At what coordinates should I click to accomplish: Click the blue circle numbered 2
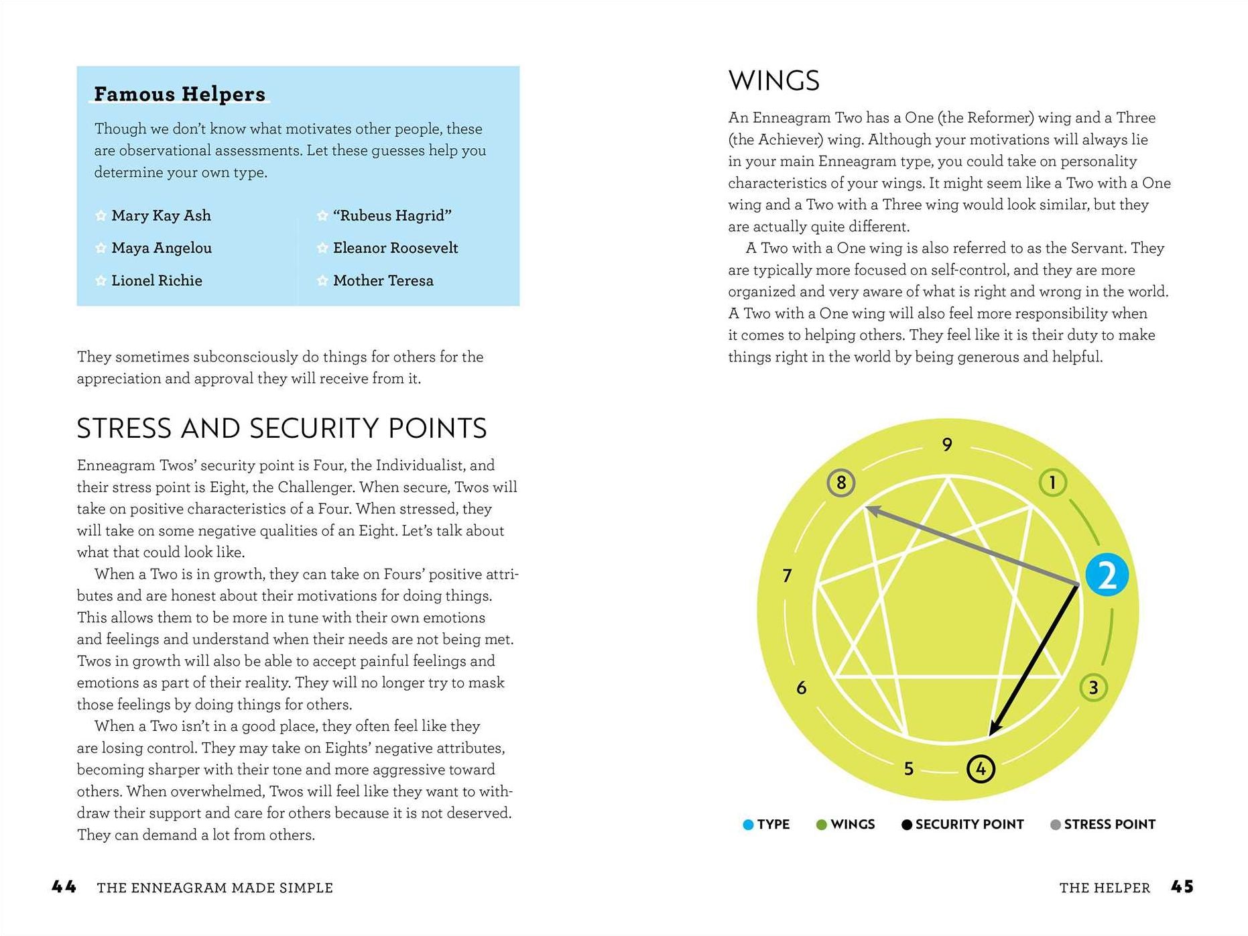(1107, 575)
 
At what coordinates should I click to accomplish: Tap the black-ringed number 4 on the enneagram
(981, 768)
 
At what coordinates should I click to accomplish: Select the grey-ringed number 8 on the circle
(841, 483)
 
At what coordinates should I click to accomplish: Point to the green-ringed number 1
(1052, 482)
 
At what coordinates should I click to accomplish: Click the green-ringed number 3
(1093, 687)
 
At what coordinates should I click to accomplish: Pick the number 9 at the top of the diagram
(947, 445)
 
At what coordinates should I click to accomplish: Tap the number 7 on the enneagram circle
(788, 575)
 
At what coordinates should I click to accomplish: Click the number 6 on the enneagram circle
(801, 687)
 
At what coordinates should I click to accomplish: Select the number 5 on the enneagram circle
(909, 768)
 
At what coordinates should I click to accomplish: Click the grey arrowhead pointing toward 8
(871, 511)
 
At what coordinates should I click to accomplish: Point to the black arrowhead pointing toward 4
(994, 729)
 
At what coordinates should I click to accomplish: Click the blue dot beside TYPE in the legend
(748, 825)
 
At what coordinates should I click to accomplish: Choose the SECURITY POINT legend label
(969, 825)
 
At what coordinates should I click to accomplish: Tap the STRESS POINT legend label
(1109, 825)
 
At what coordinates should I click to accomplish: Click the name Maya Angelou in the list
(162, 248)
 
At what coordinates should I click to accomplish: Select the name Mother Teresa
(383, 281)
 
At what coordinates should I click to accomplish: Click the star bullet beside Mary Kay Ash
(101, 216)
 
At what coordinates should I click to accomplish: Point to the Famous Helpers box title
(180, 94)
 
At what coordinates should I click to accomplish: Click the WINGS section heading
(773, 81)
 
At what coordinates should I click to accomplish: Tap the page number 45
(1182, 887)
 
